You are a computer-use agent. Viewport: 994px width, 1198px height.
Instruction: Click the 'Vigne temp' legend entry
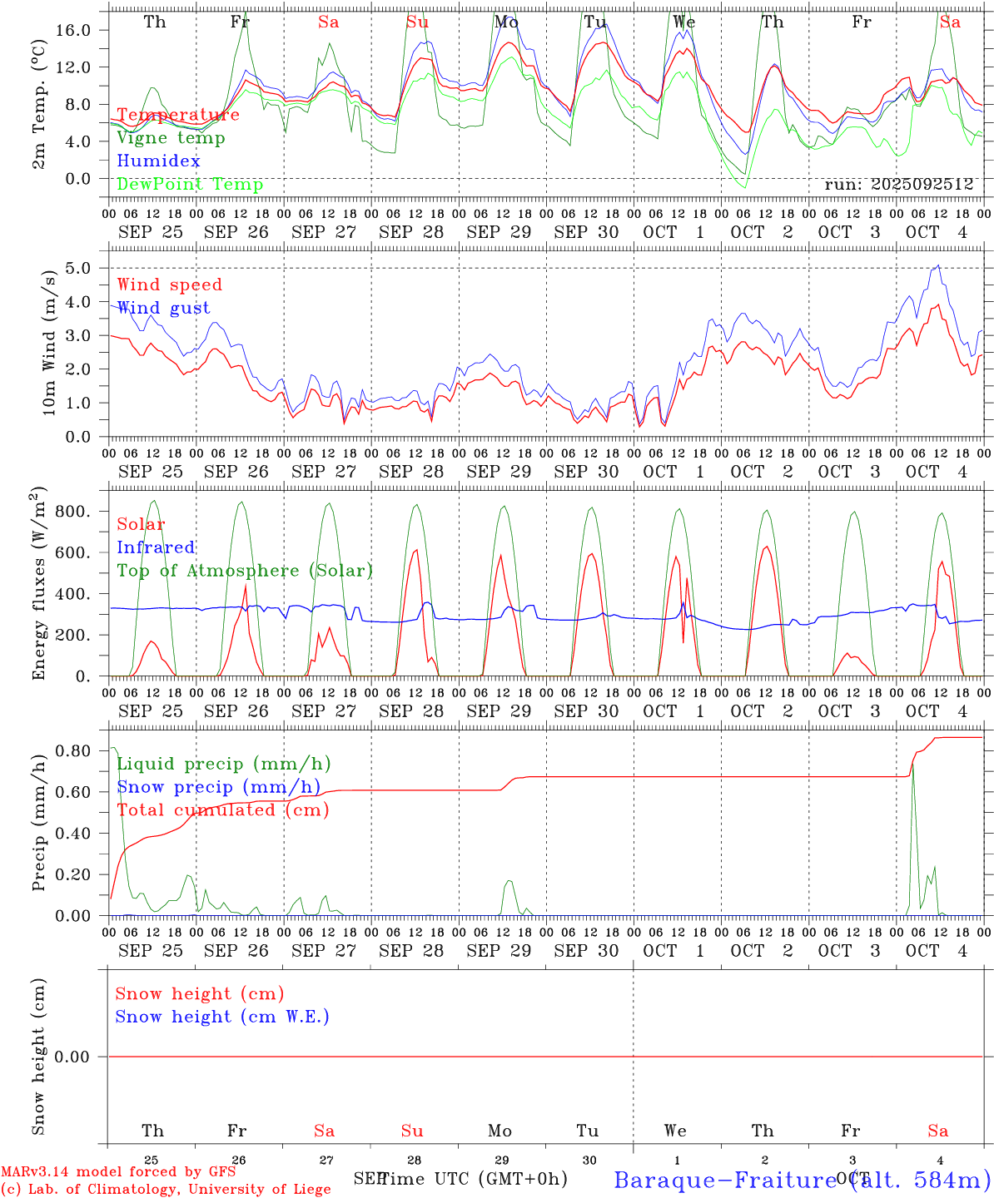(x=171, y=138)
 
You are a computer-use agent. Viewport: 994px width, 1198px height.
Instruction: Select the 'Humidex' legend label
(x=158, y=161)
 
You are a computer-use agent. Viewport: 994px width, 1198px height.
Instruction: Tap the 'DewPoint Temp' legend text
(x=190, y=185)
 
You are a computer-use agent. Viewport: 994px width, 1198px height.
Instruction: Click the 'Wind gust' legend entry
(x=163, y=308)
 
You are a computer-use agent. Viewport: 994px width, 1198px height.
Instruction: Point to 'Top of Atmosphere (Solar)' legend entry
(x=245, y=571)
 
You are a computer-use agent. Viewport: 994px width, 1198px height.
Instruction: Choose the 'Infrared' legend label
(x=156, y=547)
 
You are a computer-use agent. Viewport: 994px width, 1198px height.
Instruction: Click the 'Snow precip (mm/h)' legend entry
(x=218, y=787)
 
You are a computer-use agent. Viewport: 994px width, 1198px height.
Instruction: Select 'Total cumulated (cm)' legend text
(x=222, y=810)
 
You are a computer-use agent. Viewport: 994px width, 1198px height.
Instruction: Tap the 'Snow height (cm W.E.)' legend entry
(x=222, y=1017)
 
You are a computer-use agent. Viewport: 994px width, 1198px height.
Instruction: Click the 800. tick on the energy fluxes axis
(x=72, y=511)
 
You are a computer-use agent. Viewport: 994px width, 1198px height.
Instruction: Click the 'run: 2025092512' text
(x=898, y=185)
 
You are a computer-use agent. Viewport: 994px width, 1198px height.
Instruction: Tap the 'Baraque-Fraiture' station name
(x=724, y=1180)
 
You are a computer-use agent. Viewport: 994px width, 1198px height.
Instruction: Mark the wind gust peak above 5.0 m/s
(x=939, y=266)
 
